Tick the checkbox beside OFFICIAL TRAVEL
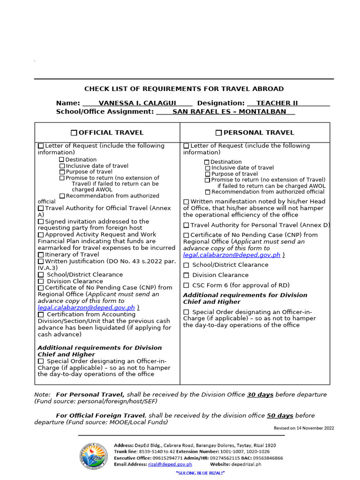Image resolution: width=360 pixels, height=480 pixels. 74,133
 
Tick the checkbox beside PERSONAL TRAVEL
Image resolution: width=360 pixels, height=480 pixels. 218,133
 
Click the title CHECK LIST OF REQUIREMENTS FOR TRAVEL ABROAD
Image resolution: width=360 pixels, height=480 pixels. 184,89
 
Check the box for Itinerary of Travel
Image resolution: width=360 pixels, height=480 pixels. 41,255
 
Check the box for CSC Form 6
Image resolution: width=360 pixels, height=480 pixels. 186,285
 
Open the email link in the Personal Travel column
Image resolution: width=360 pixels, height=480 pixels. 232,255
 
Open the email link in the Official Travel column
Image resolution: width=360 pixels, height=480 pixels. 86,307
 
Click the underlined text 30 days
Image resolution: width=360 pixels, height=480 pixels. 260,395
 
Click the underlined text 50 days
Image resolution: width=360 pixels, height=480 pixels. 280,415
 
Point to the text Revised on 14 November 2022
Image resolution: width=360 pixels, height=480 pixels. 304,428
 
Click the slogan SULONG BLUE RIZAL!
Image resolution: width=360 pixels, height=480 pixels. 200,473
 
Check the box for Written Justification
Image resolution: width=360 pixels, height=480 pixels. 41,261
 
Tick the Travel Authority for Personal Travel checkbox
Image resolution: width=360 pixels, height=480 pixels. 186,225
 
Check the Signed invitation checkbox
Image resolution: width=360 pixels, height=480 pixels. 41,221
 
